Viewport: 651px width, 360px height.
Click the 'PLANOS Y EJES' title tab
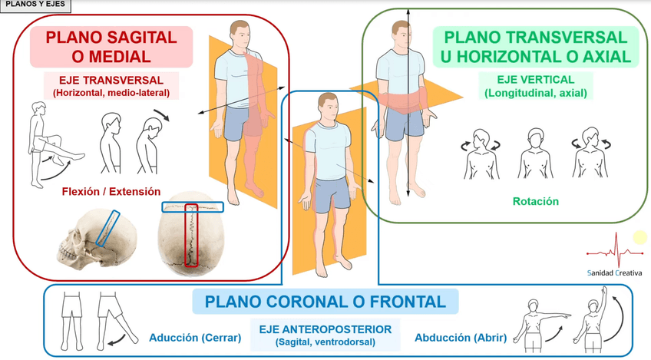36,5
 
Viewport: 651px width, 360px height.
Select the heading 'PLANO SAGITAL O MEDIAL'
111,46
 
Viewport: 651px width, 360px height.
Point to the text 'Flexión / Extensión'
111,191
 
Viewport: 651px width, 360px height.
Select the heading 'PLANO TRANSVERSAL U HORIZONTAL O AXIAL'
535,46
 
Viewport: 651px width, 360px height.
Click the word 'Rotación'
535,202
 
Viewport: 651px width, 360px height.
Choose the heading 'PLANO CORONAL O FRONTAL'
325,302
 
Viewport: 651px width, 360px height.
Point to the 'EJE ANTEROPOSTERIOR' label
325,329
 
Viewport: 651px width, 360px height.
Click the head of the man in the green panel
402,31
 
